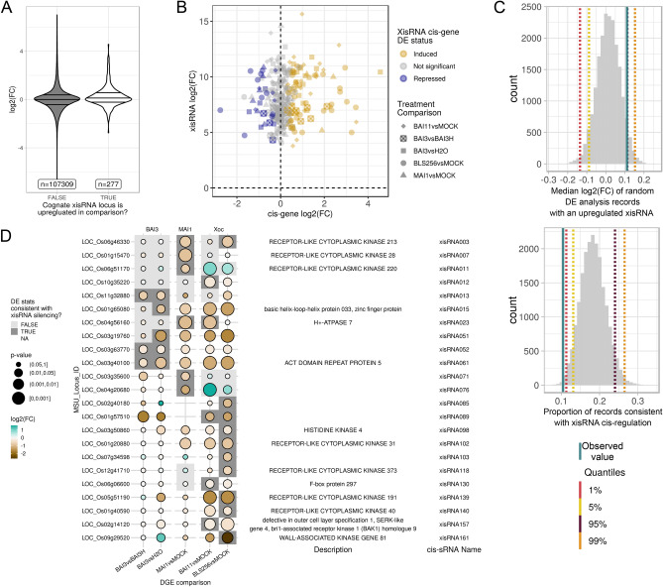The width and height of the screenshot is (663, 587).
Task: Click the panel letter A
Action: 9,8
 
